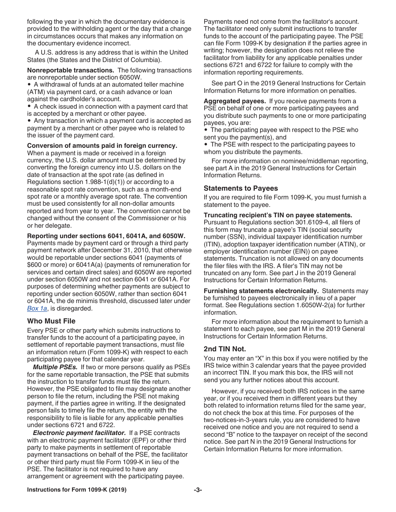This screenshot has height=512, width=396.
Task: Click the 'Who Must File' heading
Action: [x=51, y=321]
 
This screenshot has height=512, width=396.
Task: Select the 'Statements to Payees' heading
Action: [x=241, y=188]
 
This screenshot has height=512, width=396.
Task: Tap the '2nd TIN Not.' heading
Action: [x=225, y=349]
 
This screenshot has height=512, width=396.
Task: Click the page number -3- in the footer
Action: [x=198, y=490]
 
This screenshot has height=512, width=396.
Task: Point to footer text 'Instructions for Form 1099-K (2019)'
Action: [x=77, y=490]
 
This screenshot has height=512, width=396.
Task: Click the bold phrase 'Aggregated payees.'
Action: [x=235, y=101]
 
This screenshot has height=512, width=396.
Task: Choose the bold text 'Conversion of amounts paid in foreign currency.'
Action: [x=102, y=146]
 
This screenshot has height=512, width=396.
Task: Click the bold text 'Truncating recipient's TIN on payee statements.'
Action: [x=278, y=215]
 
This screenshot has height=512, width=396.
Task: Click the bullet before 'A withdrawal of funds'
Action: [x=29, y=85]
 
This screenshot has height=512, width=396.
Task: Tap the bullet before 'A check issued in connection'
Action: [x=29, y=107]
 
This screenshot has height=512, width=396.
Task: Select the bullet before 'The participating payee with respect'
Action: [x=206, y=130]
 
